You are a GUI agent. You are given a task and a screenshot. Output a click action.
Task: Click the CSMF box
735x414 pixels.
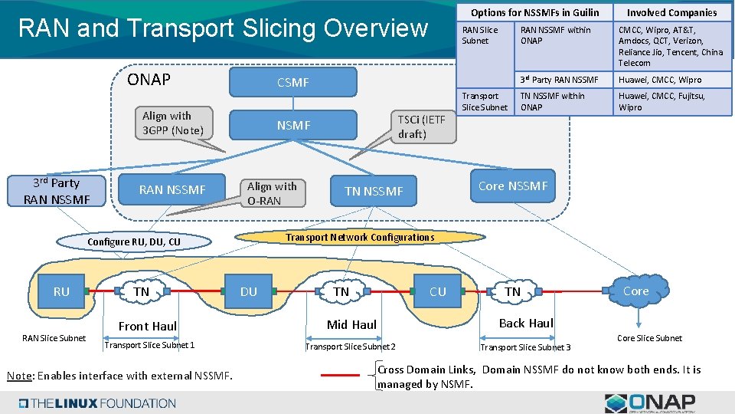click(293, 82)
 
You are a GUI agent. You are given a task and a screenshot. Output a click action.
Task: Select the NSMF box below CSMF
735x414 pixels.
click(293, 125)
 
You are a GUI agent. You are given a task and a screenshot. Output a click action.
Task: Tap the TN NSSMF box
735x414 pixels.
click(374, 191)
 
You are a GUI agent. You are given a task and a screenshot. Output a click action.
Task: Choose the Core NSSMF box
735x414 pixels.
click(513, 186)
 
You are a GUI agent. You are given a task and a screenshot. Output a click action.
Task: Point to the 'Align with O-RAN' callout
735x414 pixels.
click(272, 193)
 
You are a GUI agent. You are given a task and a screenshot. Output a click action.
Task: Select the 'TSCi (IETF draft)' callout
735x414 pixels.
click(421, 127)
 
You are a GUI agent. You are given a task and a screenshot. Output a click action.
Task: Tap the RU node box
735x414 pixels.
click(61, 291)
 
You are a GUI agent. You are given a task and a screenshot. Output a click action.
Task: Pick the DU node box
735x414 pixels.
click(249, 291)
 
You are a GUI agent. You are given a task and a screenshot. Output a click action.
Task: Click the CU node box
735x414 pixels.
click(438, 291)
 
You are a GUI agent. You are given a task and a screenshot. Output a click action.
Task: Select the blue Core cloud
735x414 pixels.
click(635, 291)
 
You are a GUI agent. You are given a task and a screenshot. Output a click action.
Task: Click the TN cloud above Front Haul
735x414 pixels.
click(142, 291)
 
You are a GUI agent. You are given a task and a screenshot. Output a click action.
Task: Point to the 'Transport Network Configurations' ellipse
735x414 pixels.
click(360, 237)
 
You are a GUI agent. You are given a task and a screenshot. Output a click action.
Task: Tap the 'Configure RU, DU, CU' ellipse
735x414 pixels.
click(134, 242)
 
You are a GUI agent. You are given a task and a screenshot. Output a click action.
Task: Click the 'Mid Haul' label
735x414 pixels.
click(351, 324)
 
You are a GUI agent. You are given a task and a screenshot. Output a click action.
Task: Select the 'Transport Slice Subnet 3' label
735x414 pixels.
click(524, 347)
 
